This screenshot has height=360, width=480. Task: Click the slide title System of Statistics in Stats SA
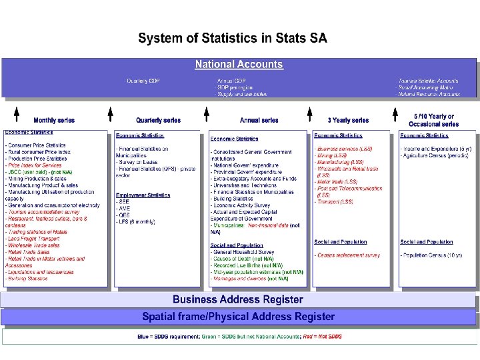pos(233,38)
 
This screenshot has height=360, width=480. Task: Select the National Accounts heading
pos(239,65)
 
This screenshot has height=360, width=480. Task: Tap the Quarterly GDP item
pos(143,81)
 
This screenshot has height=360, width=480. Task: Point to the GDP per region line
pos(235,88)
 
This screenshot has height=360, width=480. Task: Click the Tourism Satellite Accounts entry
pos(428,81)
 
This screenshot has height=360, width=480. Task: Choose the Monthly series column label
pos(54,121)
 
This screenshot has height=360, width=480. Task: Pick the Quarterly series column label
pos(158,121)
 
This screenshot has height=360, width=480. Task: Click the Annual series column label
pos(259,121)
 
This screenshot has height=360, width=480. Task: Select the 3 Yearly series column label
pos(348,121)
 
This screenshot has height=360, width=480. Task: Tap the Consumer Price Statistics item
pos(37,145)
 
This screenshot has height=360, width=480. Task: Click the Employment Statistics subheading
pos(143,195)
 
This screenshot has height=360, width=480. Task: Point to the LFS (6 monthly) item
pos(138,221)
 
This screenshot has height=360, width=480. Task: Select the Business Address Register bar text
pos(238,300)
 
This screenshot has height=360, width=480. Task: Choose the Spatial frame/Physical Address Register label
pos(238,317)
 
